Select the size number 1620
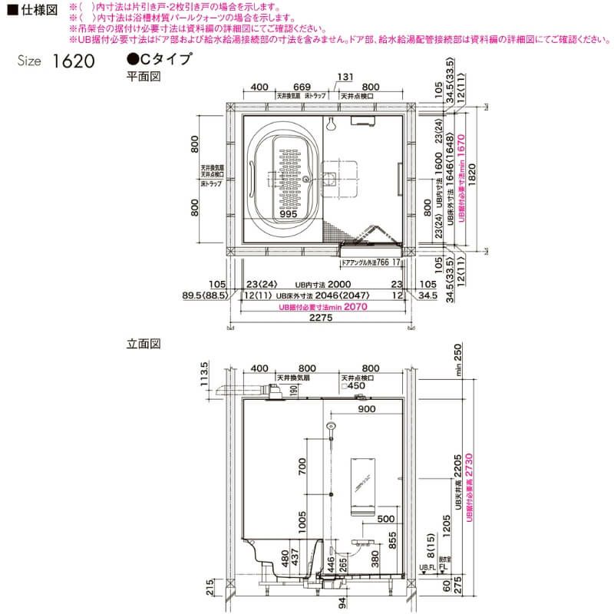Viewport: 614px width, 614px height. (74, 61)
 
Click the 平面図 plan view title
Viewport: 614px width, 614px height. (143, 77)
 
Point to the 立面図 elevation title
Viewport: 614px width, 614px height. (143, 345)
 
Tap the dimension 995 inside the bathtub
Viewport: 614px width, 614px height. (288, 216)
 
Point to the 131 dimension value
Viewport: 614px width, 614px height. (345, 76)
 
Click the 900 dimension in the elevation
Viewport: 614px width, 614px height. (367, 409)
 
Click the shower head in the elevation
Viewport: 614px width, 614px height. (332, 426)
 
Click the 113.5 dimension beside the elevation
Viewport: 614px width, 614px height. (204, 376)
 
